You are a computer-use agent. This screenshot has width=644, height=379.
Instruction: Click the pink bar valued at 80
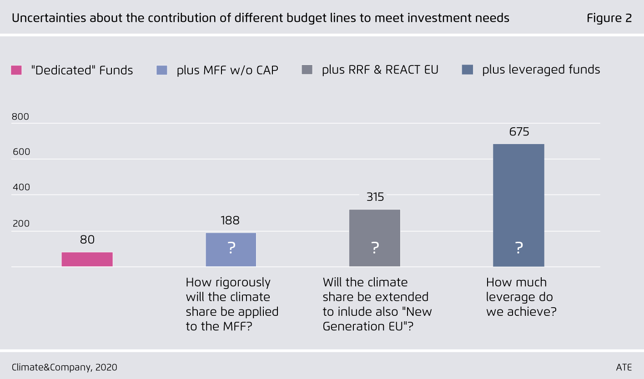pos(87,259)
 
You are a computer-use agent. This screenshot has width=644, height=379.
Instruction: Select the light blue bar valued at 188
pos(231,249)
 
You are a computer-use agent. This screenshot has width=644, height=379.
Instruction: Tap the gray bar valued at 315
pos(375,238)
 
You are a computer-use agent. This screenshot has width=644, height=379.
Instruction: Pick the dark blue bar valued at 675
pos(518,205)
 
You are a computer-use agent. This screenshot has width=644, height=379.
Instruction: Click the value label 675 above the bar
pos(519,132)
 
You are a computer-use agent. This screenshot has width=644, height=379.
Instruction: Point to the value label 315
pos(375,197)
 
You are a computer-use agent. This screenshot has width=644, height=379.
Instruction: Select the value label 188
pos(230,220)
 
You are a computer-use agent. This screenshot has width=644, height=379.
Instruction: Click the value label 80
pos(87,239)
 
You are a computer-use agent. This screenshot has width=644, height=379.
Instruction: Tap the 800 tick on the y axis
pos(20,116)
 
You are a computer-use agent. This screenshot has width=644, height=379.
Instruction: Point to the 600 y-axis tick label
pos(20,152)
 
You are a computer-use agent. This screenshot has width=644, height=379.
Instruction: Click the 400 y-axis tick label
pos(20,187)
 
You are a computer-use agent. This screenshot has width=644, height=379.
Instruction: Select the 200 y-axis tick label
pos(20,223)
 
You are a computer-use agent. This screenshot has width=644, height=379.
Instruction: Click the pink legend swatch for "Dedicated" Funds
pos(16,70)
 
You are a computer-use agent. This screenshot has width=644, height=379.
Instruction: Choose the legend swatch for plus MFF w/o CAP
pos(162,70)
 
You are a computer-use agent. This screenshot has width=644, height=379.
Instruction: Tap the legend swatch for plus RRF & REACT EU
pos(307,70)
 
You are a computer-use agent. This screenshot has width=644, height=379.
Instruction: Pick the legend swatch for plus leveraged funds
pos(468,70)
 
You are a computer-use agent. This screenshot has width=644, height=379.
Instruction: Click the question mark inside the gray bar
pos(375,248)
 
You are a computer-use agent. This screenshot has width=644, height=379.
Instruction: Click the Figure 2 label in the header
pos(609,18)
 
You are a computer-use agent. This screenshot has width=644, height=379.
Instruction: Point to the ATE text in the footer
pos(624,367)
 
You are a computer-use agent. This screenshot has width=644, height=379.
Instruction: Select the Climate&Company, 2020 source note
pos(65,367)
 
